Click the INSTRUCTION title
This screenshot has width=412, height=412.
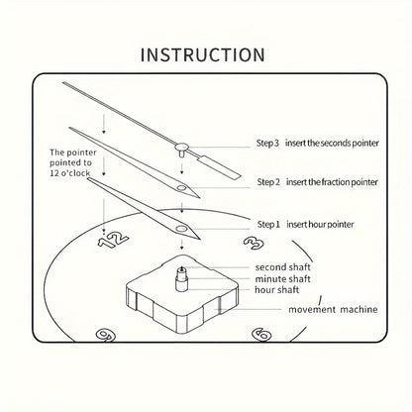point(203,54)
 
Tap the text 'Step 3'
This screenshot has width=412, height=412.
point(267,143)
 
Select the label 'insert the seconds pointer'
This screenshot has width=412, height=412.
point(332,143)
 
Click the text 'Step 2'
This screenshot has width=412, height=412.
point(268,182)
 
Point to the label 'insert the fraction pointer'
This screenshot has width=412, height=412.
point(332,182)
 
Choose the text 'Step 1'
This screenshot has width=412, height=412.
point(268,225)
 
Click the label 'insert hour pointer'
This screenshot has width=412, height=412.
point(320,225)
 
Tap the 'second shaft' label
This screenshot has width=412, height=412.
point(282,266)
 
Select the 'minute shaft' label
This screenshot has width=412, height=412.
point(282,279)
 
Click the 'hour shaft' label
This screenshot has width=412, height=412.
point(276,290)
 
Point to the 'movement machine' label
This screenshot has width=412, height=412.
point(333,310)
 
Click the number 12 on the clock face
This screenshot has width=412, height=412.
point(113,239)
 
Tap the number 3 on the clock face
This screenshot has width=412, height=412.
point(254,243)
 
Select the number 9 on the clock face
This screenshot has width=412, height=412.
point(105,335)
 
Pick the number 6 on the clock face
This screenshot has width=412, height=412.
point(261,335)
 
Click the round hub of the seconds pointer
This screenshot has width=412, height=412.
point(181,146)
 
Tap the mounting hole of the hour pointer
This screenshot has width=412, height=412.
point(181,229)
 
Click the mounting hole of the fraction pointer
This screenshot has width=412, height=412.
point(181,188)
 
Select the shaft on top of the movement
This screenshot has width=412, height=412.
point(181,279)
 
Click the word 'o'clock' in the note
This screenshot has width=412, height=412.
point(75,172)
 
